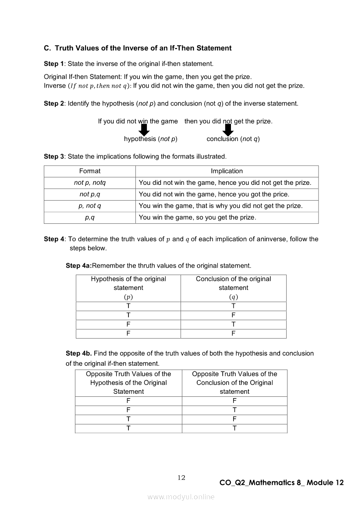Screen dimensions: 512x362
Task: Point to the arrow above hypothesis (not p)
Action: [x=144, y=130]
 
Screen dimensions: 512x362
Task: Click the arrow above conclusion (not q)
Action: [x=228, y=130]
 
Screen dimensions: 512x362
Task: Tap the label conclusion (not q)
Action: [x=233, y=139]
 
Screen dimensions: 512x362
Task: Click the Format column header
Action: [x=90, y=171]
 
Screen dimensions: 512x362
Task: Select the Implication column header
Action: [x=227, y=171]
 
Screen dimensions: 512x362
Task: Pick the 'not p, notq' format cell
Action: [x=90, y=183]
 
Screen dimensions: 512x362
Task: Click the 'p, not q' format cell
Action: [x=90, y=206]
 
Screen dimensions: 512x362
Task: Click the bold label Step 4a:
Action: [x=79, y=266]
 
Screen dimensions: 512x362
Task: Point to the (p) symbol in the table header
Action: [x=128, y=297]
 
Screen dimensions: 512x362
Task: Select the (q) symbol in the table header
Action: [x=234, y=297]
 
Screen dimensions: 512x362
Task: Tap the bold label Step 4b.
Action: [x=79, y=353]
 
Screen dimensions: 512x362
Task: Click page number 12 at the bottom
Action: [x=181, y=478]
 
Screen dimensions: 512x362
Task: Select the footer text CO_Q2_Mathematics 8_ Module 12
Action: [x=281, y=483]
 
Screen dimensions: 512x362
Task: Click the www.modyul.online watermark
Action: [x=181, y=497]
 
